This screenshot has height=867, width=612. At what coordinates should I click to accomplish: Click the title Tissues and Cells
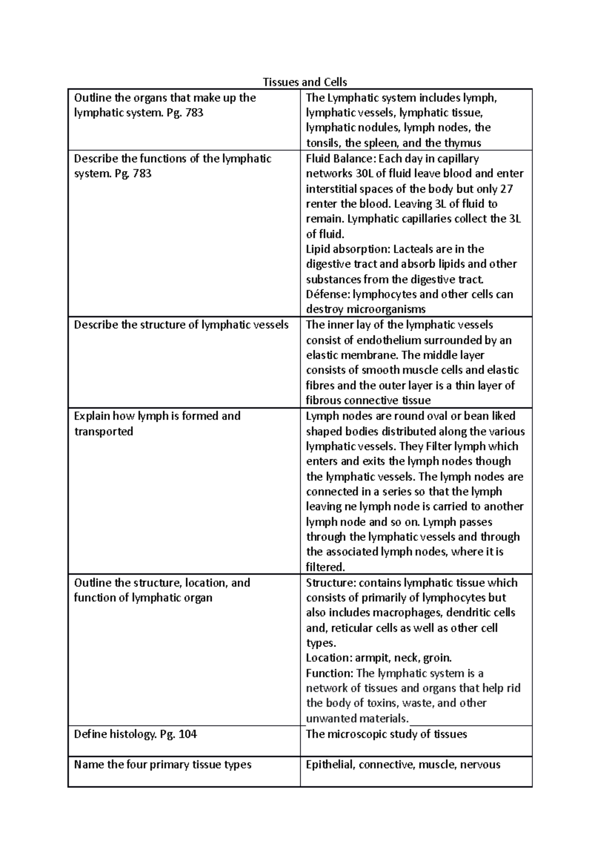(x=304, y=82)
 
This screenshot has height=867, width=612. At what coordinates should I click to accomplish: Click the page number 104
(x=187, y=735)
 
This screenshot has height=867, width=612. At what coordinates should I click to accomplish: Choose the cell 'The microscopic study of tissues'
(x=386, y=735)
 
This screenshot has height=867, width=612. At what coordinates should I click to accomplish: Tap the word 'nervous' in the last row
(x=480, y=765)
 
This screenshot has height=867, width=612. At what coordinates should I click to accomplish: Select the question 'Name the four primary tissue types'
(x=163, y=765)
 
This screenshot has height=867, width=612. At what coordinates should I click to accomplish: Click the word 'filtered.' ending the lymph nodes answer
(x=325, y=567)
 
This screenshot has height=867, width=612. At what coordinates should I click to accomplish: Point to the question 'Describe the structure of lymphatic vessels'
(x=181, y=325)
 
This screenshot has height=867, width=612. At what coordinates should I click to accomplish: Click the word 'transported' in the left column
(x=104, y=431)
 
